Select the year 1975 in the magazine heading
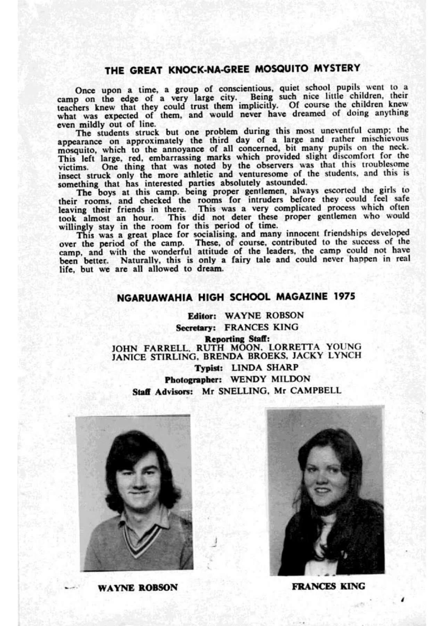pyautogui.click(x=344, y=296)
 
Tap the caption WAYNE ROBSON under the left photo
pyautogui.click(x=138, y=588)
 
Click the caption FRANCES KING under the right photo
pyautogui.click(x=328, y=586)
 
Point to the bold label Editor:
pyautogui.click(x=202, y=316)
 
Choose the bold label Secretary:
pyautogui.click(x=196, y=328)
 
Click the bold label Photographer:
pyautogui.click(x=193, y=379)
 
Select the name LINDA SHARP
pyautogui.click(x=265, y=368)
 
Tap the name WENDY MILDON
pyautogui.click(x=270, y=379)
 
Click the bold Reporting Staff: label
pyautogui.click(x=237, y=339)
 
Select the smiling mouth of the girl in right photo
pyautogui.click(x=322, y=491)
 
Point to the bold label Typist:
pyautogui.click(x=208, y=368)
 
